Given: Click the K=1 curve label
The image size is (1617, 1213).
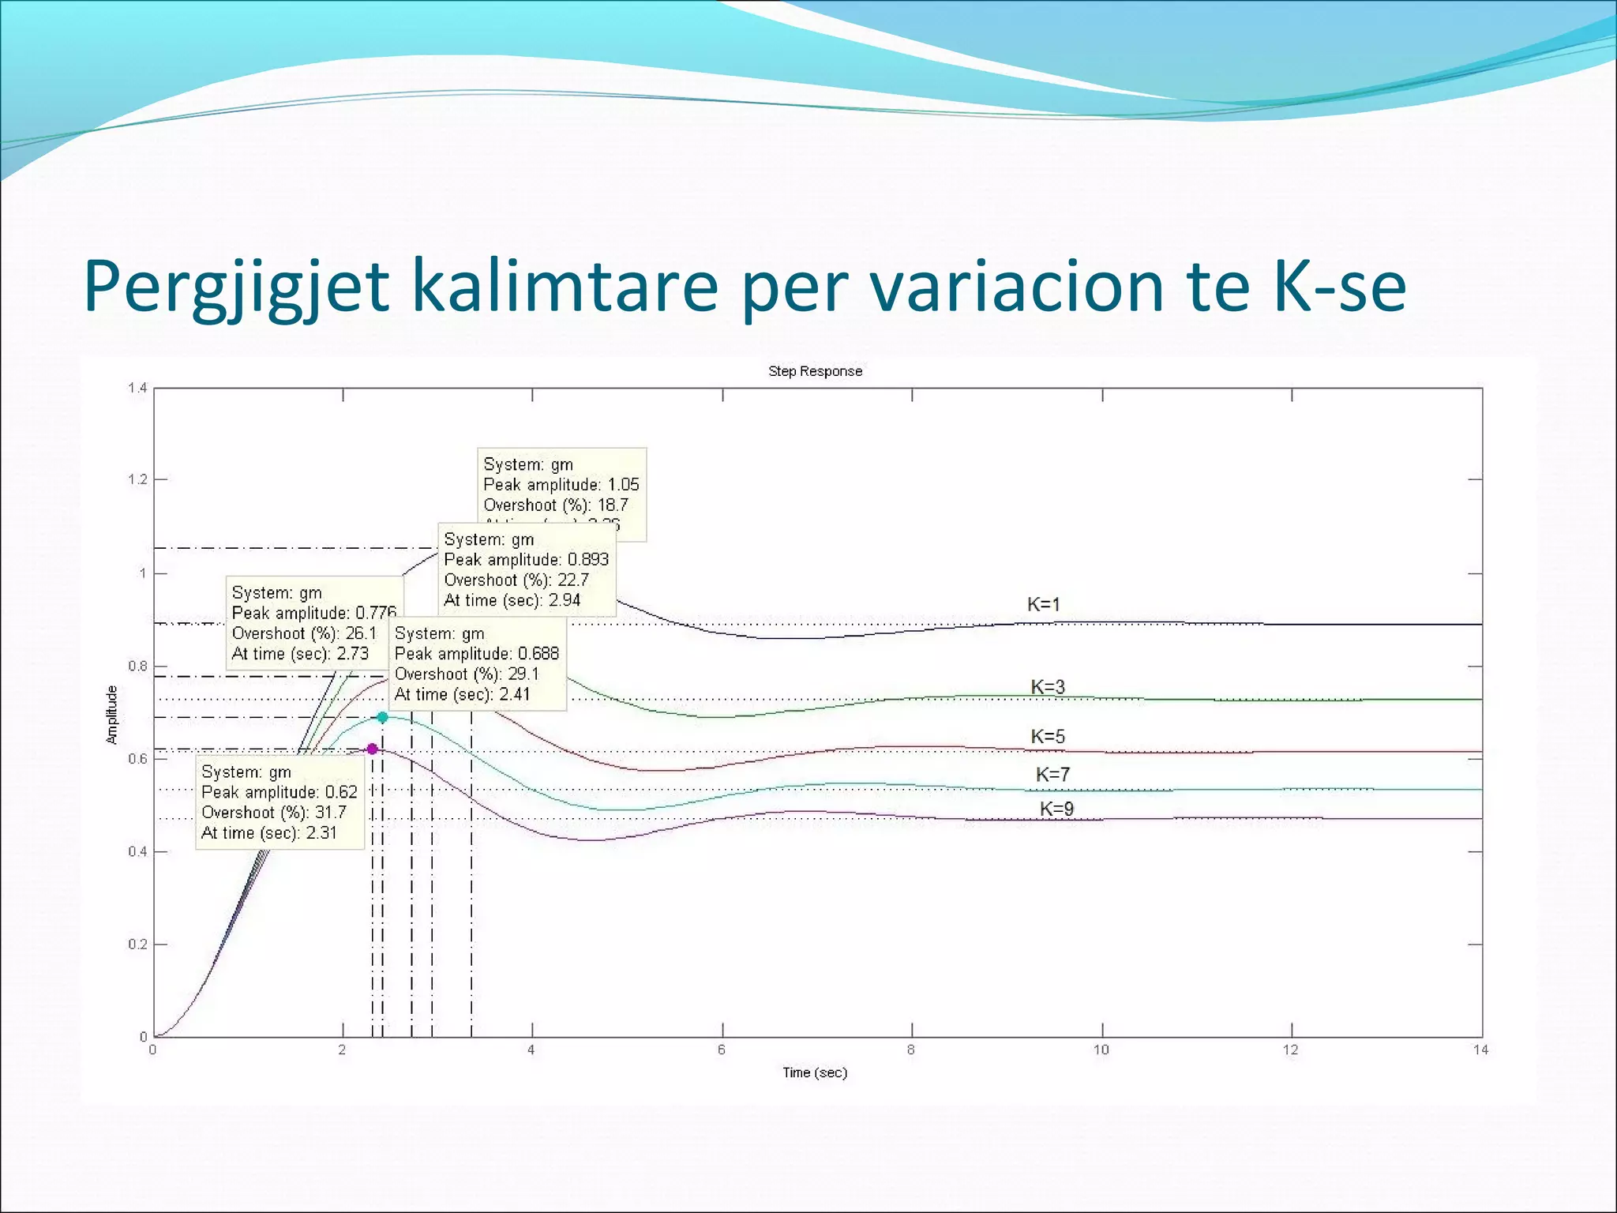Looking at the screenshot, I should [x=1043, y=605].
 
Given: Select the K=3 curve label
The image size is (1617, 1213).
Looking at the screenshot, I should [x=1048, y=687].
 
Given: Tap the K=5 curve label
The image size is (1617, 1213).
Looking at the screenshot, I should [x=1048, y=737].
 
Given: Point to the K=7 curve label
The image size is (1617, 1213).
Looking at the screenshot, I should [x=1052, y=775].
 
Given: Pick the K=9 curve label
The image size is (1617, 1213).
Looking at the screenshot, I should [x=1056, y=809].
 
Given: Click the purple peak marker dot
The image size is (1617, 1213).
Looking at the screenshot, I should [x=372, y=749].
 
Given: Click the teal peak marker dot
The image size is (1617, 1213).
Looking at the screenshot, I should [x=382, y=718].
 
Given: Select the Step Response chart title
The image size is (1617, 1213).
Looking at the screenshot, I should [x=815, y=371].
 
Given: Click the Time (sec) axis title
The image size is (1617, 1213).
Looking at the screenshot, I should [x=815, y=1072].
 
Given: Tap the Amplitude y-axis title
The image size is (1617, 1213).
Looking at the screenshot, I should [x=112, y=715].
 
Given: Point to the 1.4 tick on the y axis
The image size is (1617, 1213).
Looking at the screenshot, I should [x=137, y=388].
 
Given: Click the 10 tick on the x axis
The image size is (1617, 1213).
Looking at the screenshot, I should [x=1101, y=1050].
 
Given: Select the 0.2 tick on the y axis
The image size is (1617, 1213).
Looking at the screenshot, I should [x=137, y=944].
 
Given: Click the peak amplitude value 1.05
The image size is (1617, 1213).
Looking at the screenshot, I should [x=623, y=485].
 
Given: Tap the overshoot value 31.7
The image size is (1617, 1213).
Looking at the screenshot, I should [x=330, y=813].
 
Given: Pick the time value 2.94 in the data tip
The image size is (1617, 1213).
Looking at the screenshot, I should [x=565, y=600].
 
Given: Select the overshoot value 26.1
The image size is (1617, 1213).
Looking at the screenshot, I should [x=361, y=633].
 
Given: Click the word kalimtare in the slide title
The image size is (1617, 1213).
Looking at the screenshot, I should [x=565, y=286].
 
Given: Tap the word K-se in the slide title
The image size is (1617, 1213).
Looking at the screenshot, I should [x=1339, y=286].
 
